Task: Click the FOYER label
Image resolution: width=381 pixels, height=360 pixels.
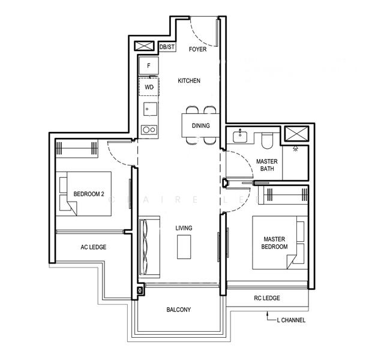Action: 197,49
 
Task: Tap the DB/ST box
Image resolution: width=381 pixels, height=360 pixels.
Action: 167,47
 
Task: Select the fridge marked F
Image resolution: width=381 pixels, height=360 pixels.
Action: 149,65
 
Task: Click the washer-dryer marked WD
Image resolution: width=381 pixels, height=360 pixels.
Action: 149,87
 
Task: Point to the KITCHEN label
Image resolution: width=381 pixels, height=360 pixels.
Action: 189,80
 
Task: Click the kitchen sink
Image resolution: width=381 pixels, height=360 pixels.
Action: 150,109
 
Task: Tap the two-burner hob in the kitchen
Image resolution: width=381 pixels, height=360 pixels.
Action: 149,130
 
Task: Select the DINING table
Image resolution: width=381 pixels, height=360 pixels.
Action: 201,125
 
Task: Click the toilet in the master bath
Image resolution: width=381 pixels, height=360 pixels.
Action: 268,140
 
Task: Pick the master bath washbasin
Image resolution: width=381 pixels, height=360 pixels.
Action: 240,136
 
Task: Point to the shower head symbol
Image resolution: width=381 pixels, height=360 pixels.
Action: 295,148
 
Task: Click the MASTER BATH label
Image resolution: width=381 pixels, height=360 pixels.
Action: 267,165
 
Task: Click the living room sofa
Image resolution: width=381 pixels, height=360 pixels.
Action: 149,247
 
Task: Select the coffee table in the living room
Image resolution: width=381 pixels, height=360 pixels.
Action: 184,247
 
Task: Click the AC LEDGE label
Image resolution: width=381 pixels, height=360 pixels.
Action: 94,247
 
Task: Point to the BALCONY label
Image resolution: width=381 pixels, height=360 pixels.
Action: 179,310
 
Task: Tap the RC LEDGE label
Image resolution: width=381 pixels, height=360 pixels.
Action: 267,298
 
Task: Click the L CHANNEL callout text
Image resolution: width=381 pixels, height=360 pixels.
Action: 291,320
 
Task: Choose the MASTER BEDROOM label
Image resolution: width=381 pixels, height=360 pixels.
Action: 274,243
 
